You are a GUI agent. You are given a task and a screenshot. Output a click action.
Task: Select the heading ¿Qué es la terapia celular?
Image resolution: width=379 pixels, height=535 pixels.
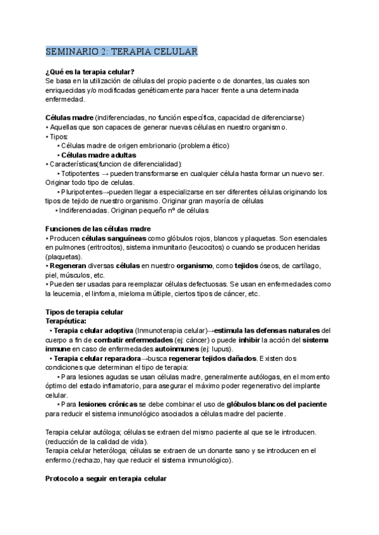pyautogui.click(x=89, y=71)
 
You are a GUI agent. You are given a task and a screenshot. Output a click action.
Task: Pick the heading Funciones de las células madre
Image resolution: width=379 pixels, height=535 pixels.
pyautogui.click(x=98, y=228)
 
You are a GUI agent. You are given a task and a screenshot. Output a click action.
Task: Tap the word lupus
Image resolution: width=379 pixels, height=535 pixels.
pyautogui.click(x=224, y=349)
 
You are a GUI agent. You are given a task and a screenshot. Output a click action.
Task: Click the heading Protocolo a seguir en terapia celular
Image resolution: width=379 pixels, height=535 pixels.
pyautogui.click(x=105, y=479)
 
